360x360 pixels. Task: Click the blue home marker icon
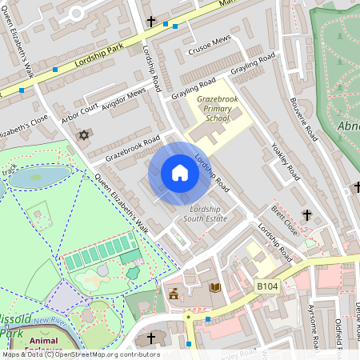180,173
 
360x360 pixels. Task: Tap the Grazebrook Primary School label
213,109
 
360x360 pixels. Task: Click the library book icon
214,288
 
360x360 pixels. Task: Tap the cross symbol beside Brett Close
306,214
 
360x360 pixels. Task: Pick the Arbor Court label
80,113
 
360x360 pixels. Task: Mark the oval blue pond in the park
38,176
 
